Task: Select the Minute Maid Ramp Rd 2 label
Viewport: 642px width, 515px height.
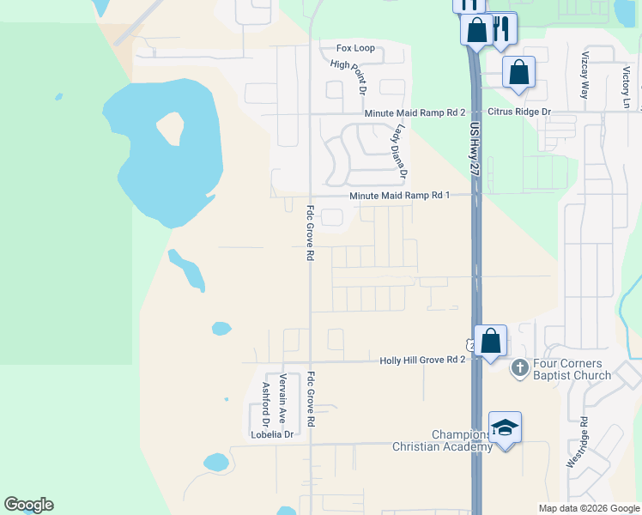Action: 415,112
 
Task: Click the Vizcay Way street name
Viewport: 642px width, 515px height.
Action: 585,76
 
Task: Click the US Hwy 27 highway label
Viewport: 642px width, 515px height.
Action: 475,148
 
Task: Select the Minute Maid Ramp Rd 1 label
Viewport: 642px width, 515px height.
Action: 400,196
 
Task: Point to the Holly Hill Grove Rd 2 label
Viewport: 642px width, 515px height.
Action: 422,361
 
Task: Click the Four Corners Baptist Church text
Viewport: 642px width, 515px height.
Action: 572,369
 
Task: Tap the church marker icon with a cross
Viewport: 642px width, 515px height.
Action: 518,368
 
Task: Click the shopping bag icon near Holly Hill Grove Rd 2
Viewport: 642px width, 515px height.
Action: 490,342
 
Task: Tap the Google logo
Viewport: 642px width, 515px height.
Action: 29,505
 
